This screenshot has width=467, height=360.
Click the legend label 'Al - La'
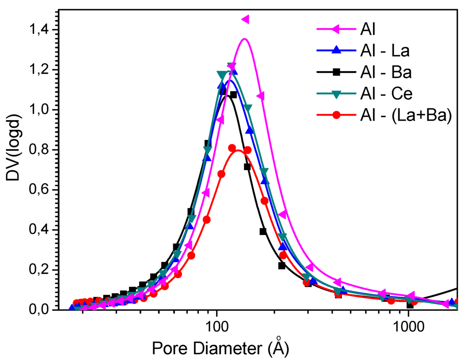382,51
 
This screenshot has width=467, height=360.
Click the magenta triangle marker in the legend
336,30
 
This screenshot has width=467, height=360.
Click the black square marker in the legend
336,72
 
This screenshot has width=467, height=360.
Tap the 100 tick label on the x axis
217,327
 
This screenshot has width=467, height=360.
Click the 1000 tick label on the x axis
408,327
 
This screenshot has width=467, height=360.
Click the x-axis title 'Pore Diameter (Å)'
220,348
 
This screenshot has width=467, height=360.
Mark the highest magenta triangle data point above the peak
245,19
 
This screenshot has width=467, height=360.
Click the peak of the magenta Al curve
244,39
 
